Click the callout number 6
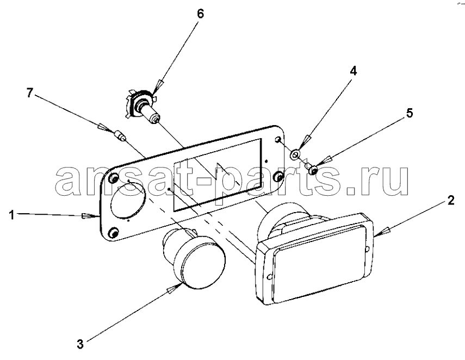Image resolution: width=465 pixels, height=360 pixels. point(201,14)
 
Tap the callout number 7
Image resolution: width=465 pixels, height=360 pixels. point(29,93)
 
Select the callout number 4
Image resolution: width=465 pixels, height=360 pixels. point(353,71)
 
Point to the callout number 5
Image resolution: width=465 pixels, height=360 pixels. point(409,113)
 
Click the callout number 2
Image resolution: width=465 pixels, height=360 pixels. point(450,201)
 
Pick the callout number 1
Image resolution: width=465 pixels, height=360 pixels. point(12,215)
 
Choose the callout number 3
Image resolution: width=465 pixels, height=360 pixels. point(80,344)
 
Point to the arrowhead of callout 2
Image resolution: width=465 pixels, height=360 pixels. point(382,231)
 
